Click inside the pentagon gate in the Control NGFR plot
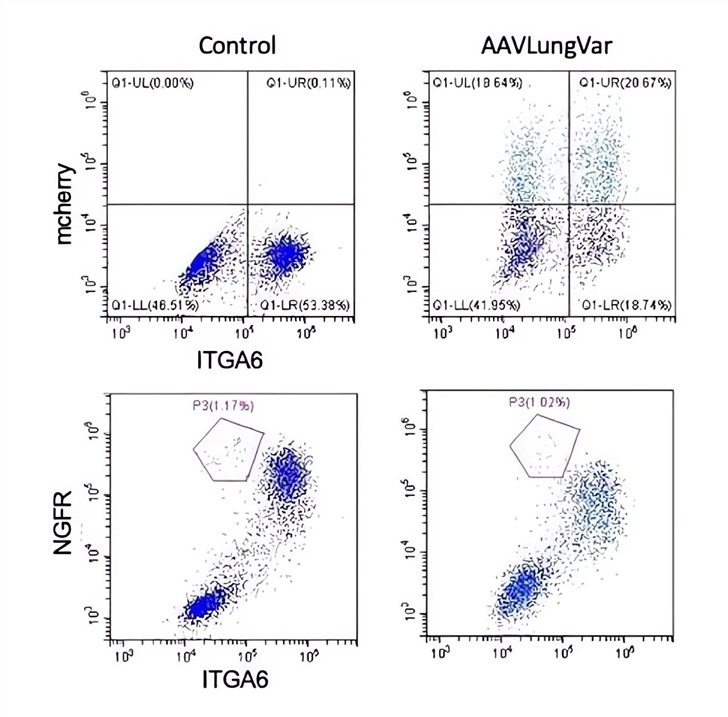pyautogui.click(x=229, y=453)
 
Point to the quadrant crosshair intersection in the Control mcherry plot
pyautogui.click(x=246, y=204)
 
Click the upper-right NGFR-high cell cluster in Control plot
pyautogui.click(x=289, y=481)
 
